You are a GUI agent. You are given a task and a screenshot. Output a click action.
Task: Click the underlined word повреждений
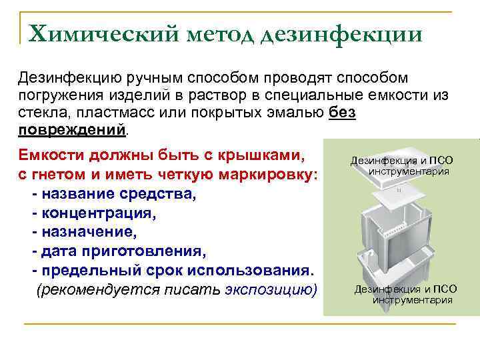71,129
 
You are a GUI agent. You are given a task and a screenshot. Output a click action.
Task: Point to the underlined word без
343,112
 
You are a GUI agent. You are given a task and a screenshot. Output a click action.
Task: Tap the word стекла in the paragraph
43,112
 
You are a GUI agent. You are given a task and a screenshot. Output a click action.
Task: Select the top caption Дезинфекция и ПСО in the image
401,161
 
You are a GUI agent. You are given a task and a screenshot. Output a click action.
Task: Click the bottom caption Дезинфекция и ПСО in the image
405,289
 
